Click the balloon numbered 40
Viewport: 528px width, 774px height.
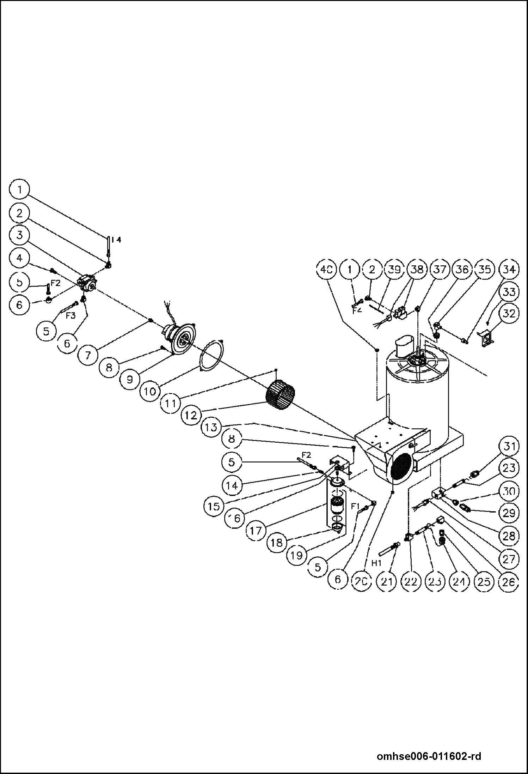326,270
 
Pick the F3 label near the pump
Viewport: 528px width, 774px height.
70,316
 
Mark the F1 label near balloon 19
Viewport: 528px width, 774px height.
355,506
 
